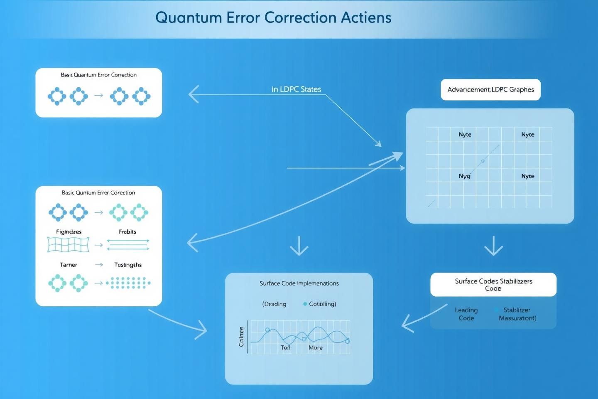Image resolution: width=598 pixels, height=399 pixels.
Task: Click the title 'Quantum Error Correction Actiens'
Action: click(x=273, y=17)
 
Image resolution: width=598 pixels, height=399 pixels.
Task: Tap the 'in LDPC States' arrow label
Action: click(x=296, y=89)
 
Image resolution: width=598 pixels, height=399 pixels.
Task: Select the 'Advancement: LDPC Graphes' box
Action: click(x=490, y=90)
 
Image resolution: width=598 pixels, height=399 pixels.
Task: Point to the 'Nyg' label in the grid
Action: click(x=464, y=176)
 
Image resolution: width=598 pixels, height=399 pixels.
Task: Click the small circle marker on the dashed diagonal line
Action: click(x=483, y=161)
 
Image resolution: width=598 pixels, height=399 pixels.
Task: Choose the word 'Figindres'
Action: click(x=69, y=232)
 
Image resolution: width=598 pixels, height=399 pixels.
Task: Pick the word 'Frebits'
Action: click(x=127, y=232)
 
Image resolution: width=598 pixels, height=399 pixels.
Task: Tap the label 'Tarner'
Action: click(x=69, y=265)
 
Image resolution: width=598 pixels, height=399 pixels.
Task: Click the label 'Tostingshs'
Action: click(x=128, y=265)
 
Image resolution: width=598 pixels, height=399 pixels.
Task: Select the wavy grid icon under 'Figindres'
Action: click(x=69, y=245)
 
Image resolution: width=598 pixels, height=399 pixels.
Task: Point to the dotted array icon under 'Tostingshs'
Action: click(x=128, y=283)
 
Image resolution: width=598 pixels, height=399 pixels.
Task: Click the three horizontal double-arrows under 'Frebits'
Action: click(x=128, y=245)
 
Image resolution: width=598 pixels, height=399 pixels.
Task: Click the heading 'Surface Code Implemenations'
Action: click(x=299, y=283)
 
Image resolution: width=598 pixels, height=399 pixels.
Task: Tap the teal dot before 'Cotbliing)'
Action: click(x=305, y=304)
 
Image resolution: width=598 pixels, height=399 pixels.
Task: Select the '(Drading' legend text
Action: click(x=274, y=304)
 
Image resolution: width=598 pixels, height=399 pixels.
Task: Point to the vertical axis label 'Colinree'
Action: click(x=241, y=337)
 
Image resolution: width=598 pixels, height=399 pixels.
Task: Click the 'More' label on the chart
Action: click(x=315, y=347)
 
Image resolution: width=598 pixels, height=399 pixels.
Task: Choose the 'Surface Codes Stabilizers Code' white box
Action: click(x=493, y=285)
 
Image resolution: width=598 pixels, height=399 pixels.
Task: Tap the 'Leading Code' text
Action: click(x=466, y=314)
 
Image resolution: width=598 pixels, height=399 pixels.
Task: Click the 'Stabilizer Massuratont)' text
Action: click(x=517, y=314)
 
